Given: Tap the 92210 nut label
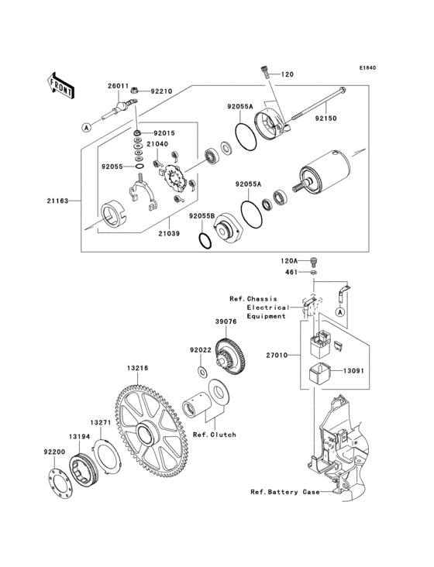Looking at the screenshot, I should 161,91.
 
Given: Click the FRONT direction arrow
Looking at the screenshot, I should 61,82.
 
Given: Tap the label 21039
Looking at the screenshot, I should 170,232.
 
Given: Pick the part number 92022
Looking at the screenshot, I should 200,349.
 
